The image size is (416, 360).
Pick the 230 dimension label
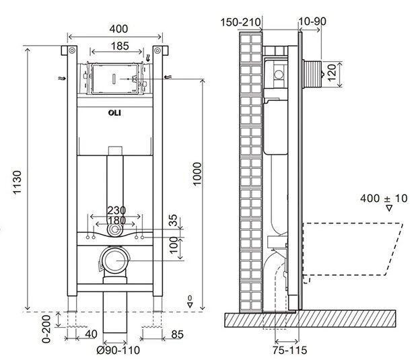tap(115, 209)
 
